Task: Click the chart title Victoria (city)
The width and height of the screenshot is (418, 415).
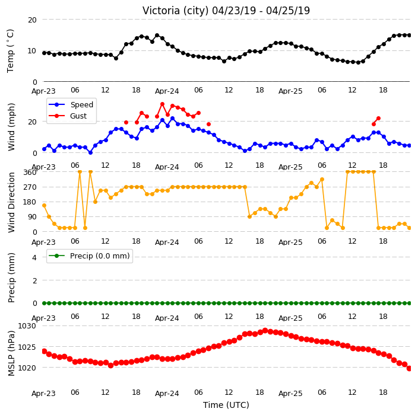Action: pos(175,11)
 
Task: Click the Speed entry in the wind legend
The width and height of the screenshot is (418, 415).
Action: pos(71,104)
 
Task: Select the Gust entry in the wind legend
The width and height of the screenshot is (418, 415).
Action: pos(68,116)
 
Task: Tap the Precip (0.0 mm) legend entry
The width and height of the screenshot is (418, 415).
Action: pos(89,256)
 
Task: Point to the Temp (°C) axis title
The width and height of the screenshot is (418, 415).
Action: pos(10,50)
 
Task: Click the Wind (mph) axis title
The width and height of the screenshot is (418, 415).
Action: pos(11,127)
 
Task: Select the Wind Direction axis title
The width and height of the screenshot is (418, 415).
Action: pos(11,202)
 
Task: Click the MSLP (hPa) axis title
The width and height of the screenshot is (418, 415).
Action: pos(11,353)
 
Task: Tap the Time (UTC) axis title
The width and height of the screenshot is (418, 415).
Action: pos(226,405)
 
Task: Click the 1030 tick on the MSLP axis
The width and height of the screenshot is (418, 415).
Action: pos(27,326)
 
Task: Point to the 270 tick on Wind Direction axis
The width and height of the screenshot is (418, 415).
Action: pos(30,187)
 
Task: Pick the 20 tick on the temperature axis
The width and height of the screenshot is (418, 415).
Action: pos(32,20)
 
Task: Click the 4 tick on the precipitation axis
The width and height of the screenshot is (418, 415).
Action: pos(34,257)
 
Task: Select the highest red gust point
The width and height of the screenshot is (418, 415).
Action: pos(162,104)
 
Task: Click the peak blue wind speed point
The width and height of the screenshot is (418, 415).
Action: pos(172,118)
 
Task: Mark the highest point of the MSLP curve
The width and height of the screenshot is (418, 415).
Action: pos(265,331)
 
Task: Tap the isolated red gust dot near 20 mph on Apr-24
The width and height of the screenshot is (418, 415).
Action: pos(209,124)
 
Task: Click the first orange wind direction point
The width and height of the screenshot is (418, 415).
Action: pos(45,206)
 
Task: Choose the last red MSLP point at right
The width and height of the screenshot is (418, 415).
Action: pos(410,368)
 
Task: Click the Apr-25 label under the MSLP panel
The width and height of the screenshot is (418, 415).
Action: pos(290,394)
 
